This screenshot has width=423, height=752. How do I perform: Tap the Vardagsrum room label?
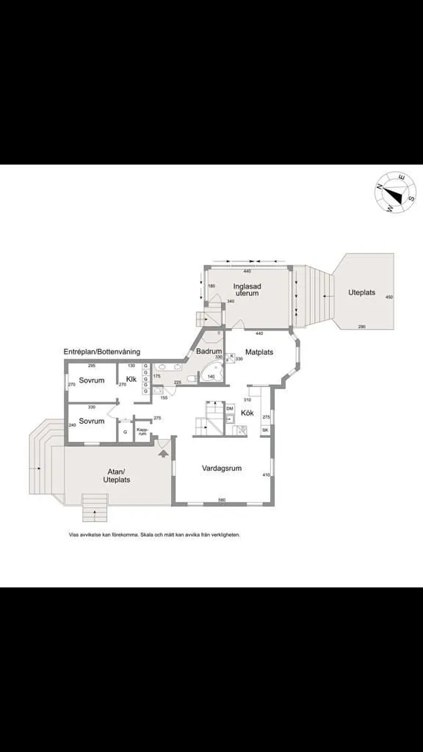(x=222, y=467)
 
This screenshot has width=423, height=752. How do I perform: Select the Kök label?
(x=247, y=413)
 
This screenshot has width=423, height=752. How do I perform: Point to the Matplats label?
(x=258, y=352)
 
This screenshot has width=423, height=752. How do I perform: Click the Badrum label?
(x=209, y=352)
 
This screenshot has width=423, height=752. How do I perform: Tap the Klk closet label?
(x=131, y=379)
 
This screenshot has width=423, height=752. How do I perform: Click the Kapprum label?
(x=142, y=433)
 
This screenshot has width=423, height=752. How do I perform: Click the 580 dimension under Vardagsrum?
(x=221, y=501)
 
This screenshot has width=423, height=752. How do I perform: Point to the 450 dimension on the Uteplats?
(x=389, y=297)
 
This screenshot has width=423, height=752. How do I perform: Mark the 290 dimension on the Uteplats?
(x=361, y=326)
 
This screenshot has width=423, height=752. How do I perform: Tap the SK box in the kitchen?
(x=265, y=430)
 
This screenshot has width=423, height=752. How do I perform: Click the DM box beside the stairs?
(x=229, y=408)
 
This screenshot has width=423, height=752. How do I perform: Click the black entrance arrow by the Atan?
(x=162, y=452)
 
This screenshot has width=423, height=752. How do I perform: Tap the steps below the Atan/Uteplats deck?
(x=95, y=506)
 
